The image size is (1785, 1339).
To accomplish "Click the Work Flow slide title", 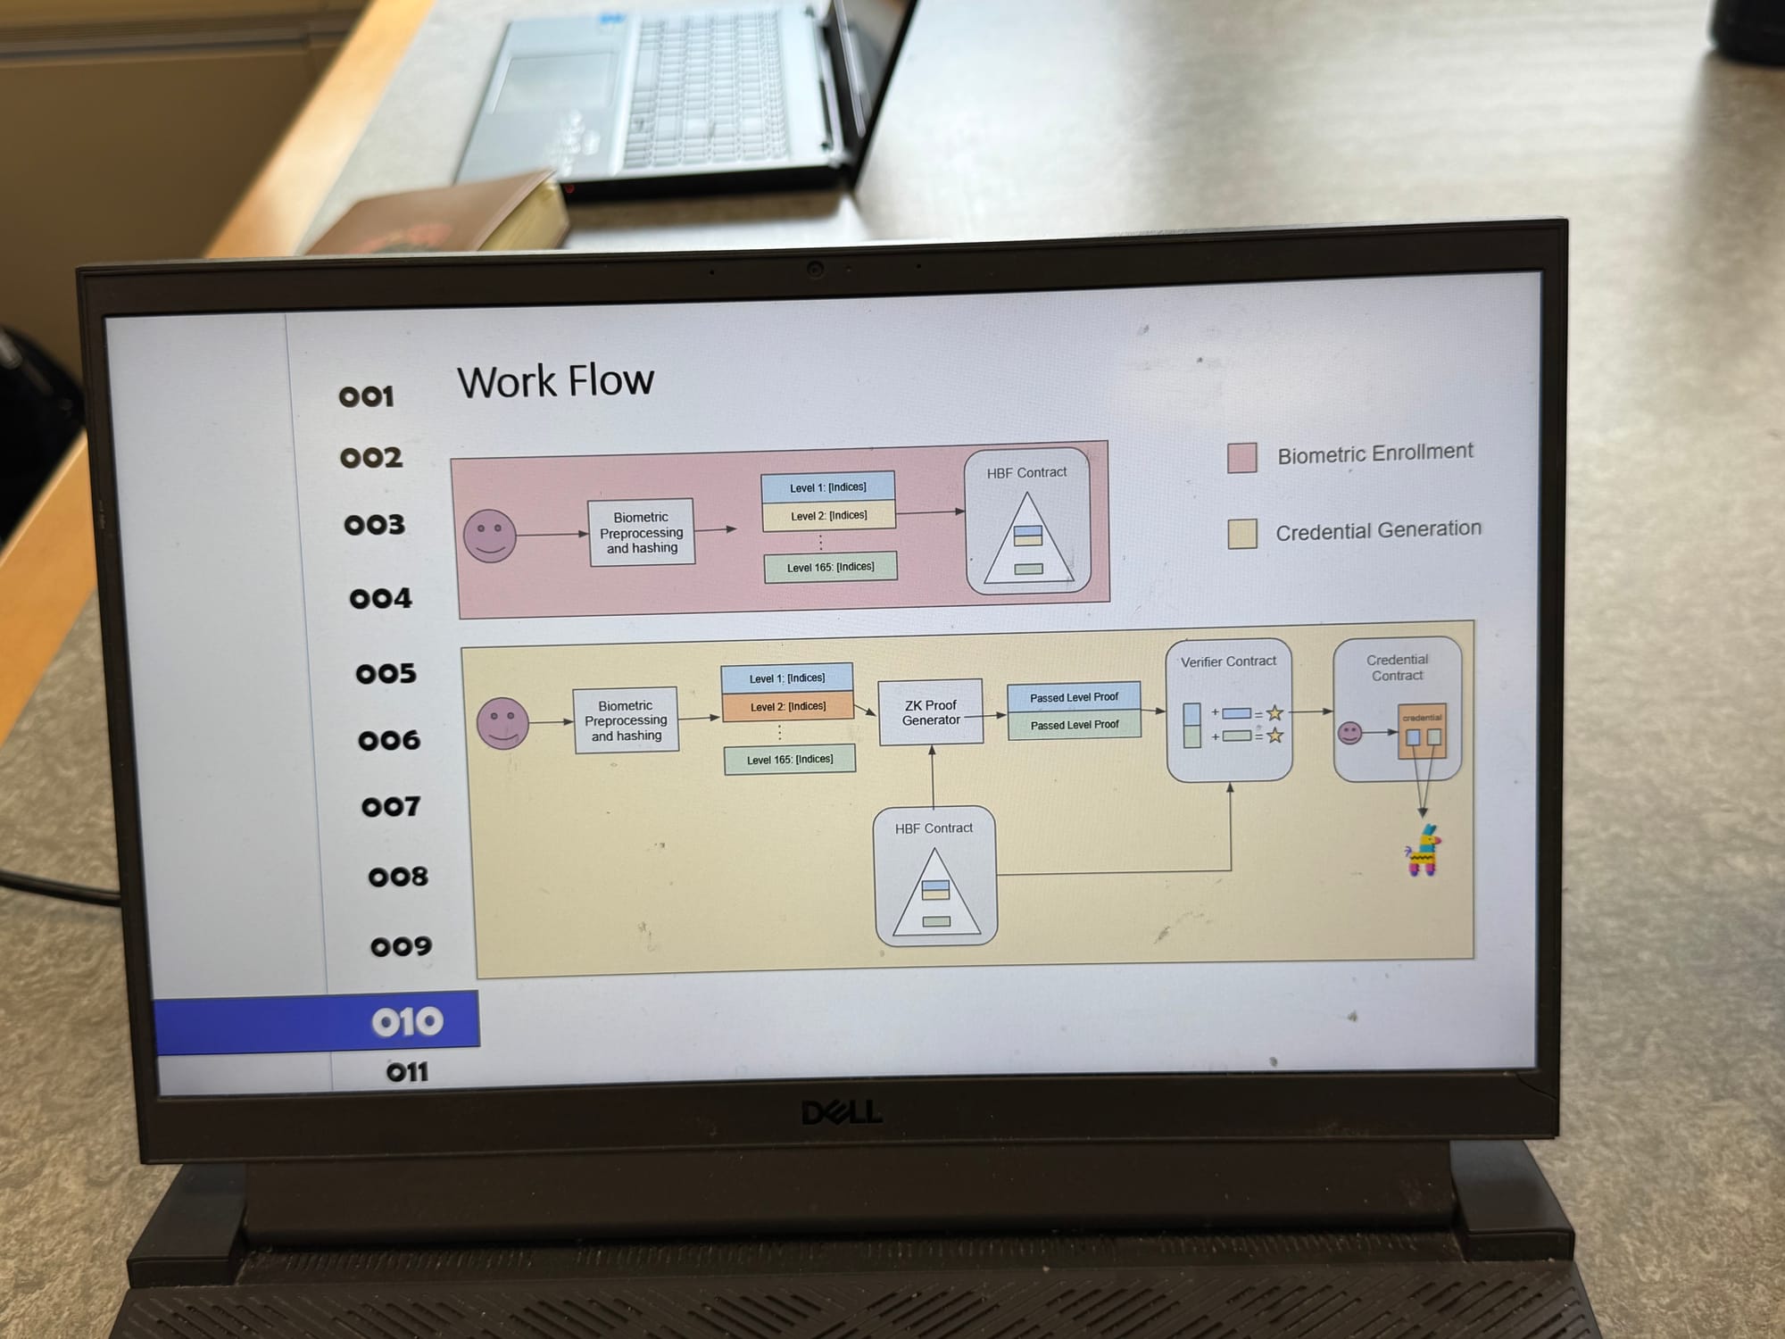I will [555, 381].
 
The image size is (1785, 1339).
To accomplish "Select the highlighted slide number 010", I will [407, 1021].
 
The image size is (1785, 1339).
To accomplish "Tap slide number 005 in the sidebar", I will [386, 673].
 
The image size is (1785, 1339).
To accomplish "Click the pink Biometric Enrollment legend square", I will [1241, 458].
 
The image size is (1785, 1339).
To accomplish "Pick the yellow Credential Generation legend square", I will [1242, 534].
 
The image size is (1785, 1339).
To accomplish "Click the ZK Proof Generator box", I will [931, 712].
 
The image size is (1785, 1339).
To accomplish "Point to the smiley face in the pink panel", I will [490, 536].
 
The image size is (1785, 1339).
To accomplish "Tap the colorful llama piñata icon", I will [1423, 851].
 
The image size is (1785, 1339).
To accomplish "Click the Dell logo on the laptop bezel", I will [842, 1112].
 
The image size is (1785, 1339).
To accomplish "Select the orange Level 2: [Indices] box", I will [787, 706].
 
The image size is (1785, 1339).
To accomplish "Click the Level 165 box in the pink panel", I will [830, 567].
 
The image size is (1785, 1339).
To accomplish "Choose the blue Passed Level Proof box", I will [1074, 697].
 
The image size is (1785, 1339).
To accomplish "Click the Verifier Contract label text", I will [1228, 661].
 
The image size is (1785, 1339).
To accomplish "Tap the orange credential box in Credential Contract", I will [1422, 731].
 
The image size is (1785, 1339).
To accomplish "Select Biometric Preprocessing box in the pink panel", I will [641, 532].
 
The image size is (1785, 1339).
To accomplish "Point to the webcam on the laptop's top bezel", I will [814, 269].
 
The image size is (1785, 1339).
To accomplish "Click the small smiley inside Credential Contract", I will [1349, 733].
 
